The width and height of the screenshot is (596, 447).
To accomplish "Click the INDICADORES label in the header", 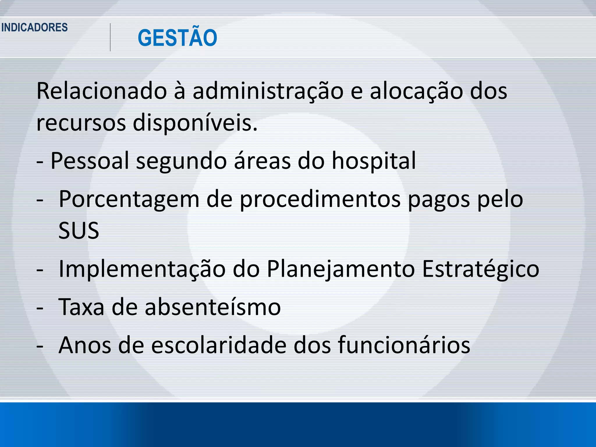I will (x=34, y=28).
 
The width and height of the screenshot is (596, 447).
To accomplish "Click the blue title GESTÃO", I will (x=177, y=38).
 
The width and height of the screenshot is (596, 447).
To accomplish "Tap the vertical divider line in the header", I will (x=110, y=38).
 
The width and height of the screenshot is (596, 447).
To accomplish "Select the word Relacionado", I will (x=102, y=91).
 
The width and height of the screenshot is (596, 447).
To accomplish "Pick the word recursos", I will (x=81, y=123).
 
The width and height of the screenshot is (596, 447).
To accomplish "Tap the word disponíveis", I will (x=195, y=123).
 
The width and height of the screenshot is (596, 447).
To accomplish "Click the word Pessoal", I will (x=90, y=161).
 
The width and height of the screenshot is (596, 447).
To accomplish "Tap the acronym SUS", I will (x=79, y=230).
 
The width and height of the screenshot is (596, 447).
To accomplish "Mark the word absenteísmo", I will (x=213, y=307).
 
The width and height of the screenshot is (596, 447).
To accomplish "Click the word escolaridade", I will (x=219, y=345).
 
